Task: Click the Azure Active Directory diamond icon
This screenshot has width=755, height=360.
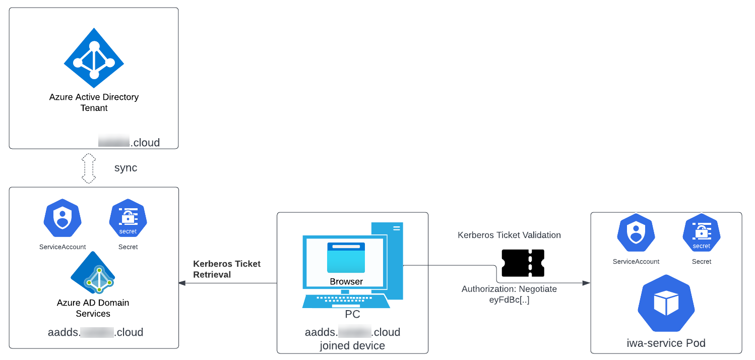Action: coord(94,58)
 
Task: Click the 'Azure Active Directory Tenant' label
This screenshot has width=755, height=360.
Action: coord(94,102)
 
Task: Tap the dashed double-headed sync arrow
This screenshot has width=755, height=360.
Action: coord(89,168)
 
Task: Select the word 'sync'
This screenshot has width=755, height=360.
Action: coord(125,168)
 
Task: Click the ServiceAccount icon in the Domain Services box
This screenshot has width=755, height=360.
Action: coord(62,218)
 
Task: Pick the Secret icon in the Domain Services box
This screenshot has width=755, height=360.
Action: coord(128,218)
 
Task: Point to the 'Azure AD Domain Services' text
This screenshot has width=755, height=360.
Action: coord(93,308)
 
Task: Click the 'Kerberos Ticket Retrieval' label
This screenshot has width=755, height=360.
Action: coord(227,269)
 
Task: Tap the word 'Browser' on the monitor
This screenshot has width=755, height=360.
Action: coord(346,281)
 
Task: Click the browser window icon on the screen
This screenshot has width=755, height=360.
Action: coord(346,257)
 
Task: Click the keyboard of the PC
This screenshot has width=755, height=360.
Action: coord(346,301)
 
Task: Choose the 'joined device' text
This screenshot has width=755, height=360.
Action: coord(352,346)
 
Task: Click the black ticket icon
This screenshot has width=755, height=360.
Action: coord(523,263)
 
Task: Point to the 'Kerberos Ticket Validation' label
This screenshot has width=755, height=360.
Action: coord(509,235)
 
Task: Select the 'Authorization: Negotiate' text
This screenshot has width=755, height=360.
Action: coord(509,289)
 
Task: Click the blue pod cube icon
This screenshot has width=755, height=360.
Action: coord(666,303)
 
